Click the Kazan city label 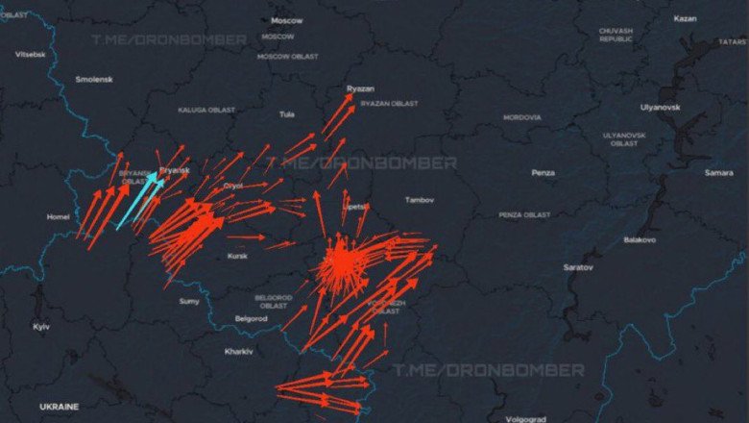point(685,18)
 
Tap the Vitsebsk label point(30,54)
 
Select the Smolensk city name point(94,79)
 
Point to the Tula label point(286,114)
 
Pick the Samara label point(718,173)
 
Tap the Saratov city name point(578,266)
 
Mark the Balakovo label point(640,239)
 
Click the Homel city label point(58,217)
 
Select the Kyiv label point(41,327)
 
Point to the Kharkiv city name point(238,351)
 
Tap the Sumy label point(189,302)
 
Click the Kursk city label point(237,256)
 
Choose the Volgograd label point(523,419)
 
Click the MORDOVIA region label point(521,117)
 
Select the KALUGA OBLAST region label point(205,110)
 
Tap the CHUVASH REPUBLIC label point(616,35)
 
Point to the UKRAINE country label point(59,407)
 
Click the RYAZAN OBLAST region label point(389,103)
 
